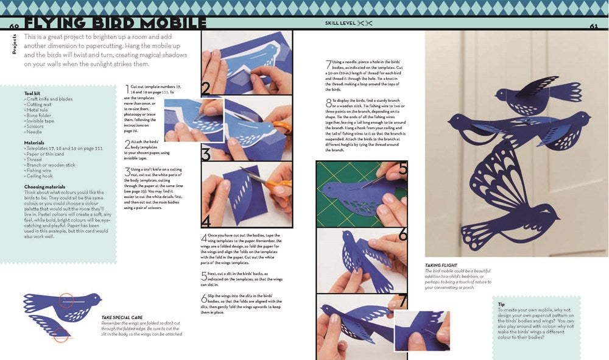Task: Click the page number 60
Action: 14,26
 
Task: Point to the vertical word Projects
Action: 15,44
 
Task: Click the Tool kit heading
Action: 33,93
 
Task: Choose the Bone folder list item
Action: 40,115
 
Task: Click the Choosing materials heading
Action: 49,187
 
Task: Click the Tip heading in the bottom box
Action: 501,304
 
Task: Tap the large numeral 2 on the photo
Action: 206,89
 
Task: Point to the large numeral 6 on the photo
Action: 403,234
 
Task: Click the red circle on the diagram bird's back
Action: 66,300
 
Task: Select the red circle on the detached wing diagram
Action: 60,333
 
